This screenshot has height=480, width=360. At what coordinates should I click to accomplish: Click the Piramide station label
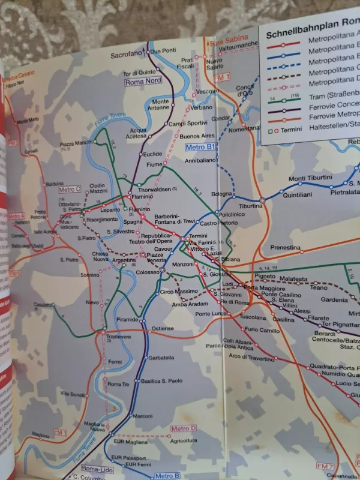click(x=127, y=320)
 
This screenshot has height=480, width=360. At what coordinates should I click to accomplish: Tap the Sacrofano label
click(x=128, y=55)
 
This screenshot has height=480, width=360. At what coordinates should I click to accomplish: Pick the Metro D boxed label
click(x=184, y=428)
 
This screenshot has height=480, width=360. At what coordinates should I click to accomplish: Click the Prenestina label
click(x=284, y=247)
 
